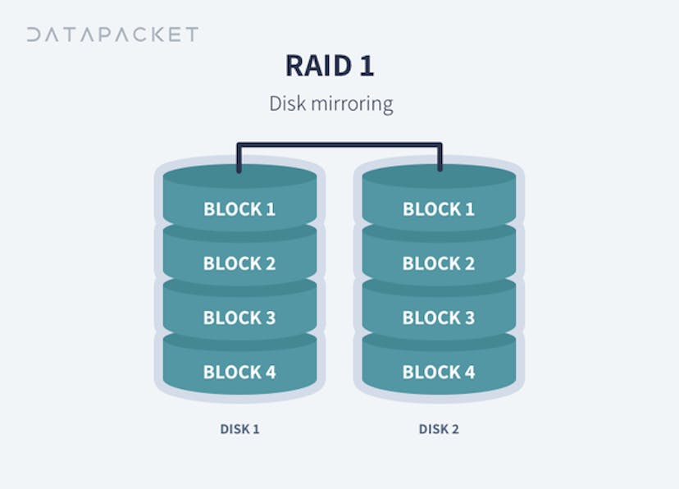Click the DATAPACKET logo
pos(112,34)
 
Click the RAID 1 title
pos(330,66)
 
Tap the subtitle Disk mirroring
pos(331,104)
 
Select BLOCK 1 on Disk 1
pos(239,209)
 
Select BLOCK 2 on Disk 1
pos(239,263)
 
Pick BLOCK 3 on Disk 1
pos(239,318)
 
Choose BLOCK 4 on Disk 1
pos(239,372)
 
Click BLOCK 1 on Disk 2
pos(438,209)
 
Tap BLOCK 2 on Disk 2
pos(438,263)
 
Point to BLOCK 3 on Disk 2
pos(438,318)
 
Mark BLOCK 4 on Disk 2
pos(438,372)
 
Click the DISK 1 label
pos(239,429)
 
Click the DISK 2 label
pos(438,429)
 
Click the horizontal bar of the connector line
pos(339,145)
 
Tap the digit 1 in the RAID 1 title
pos(366,66)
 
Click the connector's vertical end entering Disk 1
pos(239,159)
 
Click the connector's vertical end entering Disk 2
pos(440,159)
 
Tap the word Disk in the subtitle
pos(286,104)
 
